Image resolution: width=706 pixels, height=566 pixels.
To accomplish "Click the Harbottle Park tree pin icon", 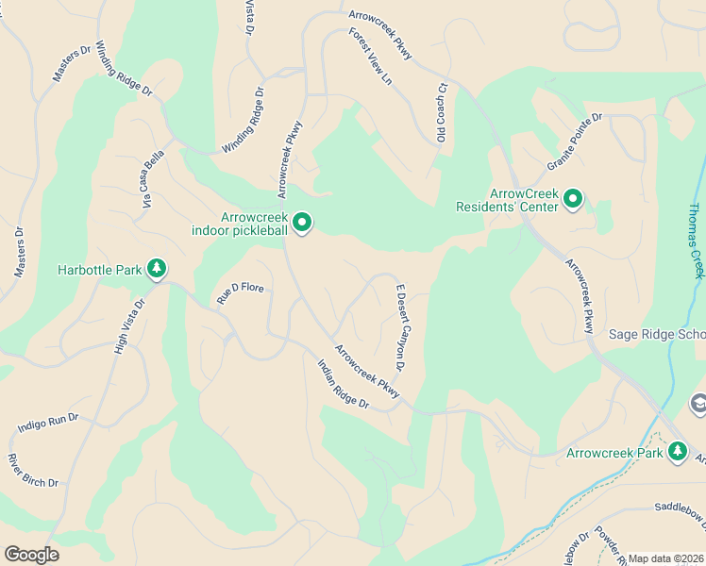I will click(x=157, y=270).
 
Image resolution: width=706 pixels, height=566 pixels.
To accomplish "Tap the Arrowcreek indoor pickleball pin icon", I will click(x=302, y=224).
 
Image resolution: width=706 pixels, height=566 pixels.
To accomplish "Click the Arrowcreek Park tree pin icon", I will click(x=677, y=453).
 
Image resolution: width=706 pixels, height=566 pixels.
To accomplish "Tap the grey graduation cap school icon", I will click(x=698, y=404).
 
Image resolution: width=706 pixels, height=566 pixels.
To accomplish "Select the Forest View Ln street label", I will click(x=370, y=56).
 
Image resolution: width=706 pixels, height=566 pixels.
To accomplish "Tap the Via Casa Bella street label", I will click(x=153, y=179).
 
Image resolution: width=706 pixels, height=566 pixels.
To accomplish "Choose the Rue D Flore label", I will click(x=241, y=291).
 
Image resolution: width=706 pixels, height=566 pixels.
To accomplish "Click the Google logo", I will click(x=31, y=555).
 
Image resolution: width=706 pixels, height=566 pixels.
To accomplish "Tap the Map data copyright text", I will click(x=666, y=558).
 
